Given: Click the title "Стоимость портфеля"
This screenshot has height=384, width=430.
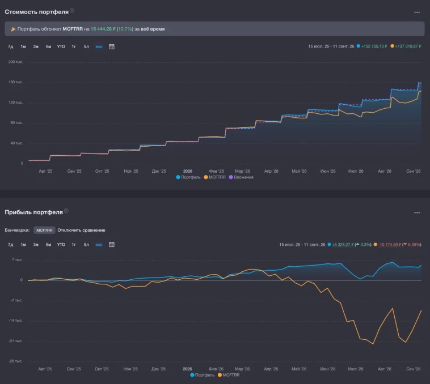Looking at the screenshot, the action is [36, 12].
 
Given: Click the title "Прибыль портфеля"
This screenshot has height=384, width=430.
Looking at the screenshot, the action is [33, 212].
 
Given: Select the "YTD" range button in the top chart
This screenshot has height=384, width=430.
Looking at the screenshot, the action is [61, 46].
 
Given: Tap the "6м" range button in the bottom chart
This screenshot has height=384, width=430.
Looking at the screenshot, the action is [49, 245].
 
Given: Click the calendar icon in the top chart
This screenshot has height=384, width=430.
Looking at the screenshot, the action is [112, 46].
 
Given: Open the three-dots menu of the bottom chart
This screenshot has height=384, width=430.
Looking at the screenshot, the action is [417, 212].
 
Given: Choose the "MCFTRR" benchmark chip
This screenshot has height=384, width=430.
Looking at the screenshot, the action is [44, 230].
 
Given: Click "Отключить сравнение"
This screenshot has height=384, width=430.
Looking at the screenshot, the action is [82, 230].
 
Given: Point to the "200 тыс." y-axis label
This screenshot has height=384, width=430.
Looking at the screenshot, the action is [16, 62].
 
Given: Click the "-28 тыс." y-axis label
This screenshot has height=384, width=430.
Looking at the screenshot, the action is [16, 361].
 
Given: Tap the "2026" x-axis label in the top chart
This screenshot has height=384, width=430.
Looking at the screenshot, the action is [188, 171].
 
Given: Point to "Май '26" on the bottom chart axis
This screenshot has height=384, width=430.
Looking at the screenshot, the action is [299, 369].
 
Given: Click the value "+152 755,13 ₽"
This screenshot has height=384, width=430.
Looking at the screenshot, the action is [374, 46].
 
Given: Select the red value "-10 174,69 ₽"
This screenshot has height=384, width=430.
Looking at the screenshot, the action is [390, 245].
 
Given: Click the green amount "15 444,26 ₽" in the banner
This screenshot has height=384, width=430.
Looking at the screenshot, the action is [103, 29].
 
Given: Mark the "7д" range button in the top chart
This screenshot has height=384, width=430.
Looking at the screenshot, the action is [11, 46].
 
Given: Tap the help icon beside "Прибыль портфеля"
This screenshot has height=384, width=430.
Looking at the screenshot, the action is [66, 211].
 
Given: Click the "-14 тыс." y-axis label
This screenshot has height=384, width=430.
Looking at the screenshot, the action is [16, 321].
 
